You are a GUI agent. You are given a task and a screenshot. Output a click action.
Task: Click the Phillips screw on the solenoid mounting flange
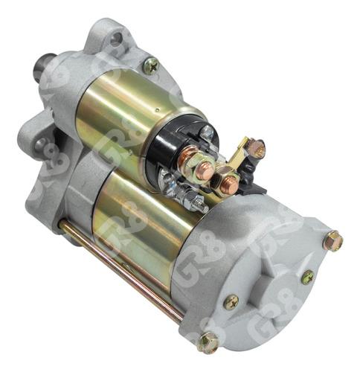pos(151,65)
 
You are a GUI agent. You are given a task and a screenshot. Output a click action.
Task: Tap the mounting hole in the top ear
pos(116,39)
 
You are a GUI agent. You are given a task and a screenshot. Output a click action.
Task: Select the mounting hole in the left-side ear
pos(39,144)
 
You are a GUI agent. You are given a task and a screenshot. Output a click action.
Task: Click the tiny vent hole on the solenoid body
pos(158,109)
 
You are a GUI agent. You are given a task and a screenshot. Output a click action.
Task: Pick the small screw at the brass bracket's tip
pos(257,149)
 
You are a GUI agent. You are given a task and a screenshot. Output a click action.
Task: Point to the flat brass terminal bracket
pos(240,154)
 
